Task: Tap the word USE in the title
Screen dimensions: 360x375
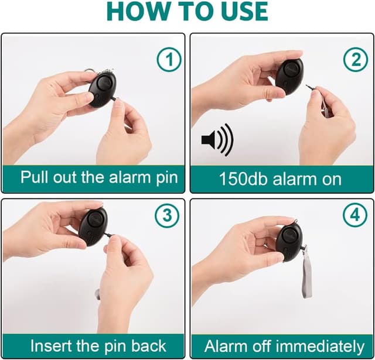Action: [240, 12]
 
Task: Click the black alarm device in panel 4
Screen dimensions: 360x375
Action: [289, 241]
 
